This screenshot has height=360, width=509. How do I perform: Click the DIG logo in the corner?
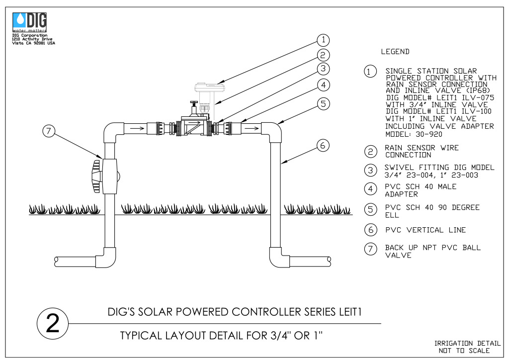pos(29,22)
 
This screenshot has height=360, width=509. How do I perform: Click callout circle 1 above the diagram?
pos(323,40)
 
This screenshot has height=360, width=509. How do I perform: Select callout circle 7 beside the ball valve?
pos(49,131)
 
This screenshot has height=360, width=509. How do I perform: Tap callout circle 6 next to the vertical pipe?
pos(323,145)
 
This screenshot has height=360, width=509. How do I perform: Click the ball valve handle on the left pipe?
pos(96,176)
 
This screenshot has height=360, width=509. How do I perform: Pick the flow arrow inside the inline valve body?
pos(195,123)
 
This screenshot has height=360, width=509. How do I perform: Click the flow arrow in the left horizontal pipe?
pos(137,128)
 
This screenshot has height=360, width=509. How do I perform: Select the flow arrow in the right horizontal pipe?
pos(252,128)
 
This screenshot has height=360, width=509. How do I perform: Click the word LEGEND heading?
pos(395,52)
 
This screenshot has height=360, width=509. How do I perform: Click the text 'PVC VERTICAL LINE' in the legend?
pos(425,230)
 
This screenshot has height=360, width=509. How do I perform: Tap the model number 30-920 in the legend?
pos(429,134)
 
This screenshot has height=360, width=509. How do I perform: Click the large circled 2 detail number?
pos(53,323)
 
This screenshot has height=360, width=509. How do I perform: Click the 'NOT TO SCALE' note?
pos(464,351)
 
